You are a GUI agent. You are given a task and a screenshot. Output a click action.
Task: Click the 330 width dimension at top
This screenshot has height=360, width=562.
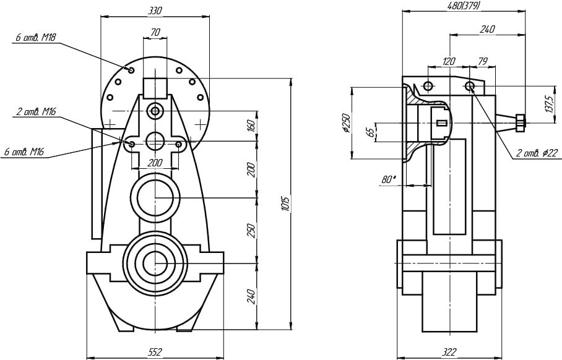155,11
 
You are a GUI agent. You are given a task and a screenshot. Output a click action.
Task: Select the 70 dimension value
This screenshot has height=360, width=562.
155,32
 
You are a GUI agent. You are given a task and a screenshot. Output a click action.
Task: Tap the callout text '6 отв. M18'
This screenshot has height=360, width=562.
36,38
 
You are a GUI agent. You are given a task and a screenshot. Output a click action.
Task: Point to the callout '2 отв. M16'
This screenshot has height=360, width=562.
36,111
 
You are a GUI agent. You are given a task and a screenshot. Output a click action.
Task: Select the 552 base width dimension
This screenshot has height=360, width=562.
155,352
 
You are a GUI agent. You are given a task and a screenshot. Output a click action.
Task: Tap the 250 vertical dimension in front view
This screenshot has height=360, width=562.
251,229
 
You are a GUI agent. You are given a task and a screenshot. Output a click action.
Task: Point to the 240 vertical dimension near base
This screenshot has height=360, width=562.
251,295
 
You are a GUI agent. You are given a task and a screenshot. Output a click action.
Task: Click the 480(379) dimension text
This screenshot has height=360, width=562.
464,6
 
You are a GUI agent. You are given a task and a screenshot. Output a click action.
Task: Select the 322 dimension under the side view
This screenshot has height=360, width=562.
450,352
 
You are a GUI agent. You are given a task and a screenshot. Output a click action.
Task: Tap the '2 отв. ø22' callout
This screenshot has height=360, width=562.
537,152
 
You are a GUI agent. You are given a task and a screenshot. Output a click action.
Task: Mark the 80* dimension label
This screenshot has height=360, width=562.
389,179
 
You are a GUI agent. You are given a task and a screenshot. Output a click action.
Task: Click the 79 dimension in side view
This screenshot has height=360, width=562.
483,61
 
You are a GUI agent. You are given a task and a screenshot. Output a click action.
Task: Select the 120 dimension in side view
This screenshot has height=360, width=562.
449,61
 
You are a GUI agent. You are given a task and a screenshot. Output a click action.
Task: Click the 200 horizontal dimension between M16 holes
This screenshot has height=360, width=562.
155,163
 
